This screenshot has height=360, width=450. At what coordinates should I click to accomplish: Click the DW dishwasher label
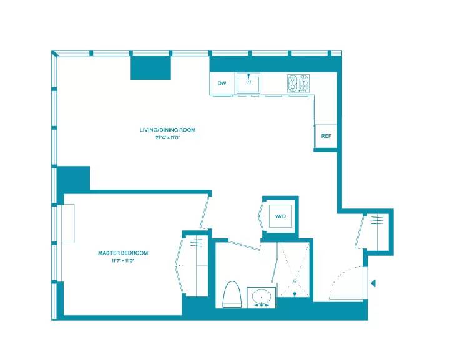[x=222, y=83]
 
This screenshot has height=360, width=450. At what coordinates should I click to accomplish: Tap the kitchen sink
[x=249, y=82]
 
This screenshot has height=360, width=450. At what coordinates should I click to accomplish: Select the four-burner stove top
[x=298, y=82]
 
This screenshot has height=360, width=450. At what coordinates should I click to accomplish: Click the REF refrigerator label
[x=326, y=136]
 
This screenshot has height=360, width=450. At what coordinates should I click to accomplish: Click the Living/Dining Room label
[x=167, y=130]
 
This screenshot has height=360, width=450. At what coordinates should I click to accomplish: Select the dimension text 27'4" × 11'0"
[x=167, y=137]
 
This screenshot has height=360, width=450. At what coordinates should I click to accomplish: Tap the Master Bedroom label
[x=123, y=253]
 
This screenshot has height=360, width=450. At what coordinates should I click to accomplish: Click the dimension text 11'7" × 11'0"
[x=123, y=260]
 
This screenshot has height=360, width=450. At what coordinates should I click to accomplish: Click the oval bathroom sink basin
[x=261, y=294]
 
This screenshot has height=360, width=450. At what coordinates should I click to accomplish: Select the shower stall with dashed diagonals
[x=293, y=270]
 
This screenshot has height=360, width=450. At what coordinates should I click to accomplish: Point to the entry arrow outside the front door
[x=373, y=283]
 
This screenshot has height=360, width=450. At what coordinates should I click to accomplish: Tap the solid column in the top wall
[x=150, y=67]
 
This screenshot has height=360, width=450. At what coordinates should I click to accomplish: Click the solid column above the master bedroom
[x=74, y=179]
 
